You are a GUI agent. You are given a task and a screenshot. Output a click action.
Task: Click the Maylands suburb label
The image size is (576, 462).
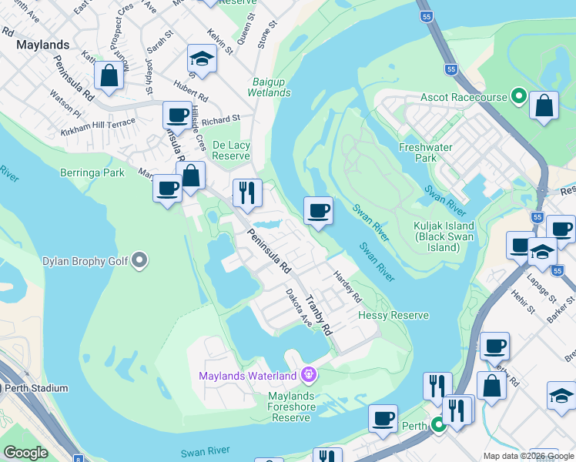pyautogui.click(x=42, y=45)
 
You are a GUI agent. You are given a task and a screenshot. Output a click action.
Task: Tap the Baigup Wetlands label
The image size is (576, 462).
pyautogui.click(x=269, y=87)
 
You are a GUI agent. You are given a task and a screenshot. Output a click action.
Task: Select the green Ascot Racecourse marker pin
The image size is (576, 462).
pyautogui.click(x=519, y=97)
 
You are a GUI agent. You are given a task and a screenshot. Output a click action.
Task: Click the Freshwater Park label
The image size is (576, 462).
pyautogui.click(x=418, y=152)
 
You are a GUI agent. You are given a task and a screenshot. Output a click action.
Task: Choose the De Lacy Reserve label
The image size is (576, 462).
pyautogui.click(x=232, y=150)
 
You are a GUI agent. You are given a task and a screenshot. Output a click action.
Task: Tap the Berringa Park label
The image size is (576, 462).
pyautogui.click(x=92, y=172)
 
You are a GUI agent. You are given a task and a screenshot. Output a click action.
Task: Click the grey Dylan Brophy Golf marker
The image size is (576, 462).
pyautogui.click(x=139, y=260)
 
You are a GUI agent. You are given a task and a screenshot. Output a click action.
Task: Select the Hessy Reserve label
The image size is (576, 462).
pyautogui.click(x=393, y=315)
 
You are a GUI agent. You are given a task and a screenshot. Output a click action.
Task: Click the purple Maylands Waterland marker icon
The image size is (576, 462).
pyautogui.click(x=309, y=376)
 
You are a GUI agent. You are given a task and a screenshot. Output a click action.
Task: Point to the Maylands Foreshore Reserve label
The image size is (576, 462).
pyautogui.click(x=289, y=407)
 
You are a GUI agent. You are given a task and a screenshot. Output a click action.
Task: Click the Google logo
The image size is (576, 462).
pyautogui.click(x=25, y=453)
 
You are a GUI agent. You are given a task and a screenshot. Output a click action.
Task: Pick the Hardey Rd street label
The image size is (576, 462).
pyautogui.click(x=347, y=285)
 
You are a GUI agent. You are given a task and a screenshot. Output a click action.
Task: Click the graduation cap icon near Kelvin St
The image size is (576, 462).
pyautogui.click(x=202, y=59)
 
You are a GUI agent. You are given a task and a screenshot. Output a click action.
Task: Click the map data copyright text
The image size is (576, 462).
pyautogui.click(x=527, y=456)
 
